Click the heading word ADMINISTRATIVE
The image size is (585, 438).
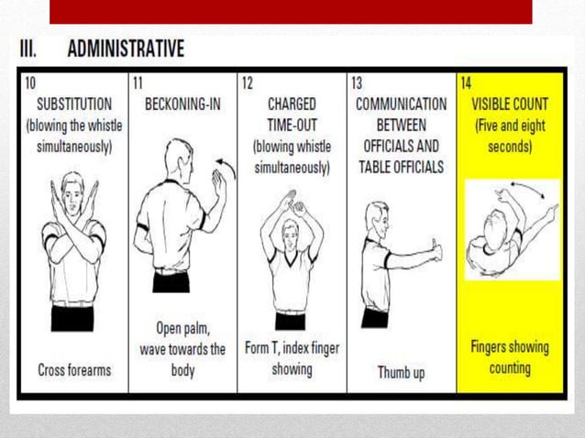[126, 48]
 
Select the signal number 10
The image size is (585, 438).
[31, 82]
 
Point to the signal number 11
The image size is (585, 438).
[138, 82]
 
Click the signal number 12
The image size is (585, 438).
[248, 82]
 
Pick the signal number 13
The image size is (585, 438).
[357, 82]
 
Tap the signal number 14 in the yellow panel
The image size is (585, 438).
[466, 82]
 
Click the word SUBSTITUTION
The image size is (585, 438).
[73, 104]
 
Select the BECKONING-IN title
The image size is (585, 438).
[182, 104]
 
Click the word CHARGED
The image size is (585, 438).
[291, 104]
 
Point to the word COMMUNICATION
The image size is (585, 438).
[400, 104]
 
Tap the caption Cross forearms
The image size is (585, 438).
[73, 370]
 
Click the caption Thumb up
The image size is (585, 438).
[400, 372]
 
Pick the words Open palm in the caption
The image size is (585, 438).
[182, 329]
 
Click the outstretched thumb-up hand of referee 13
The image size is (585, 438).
[435, 250]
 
